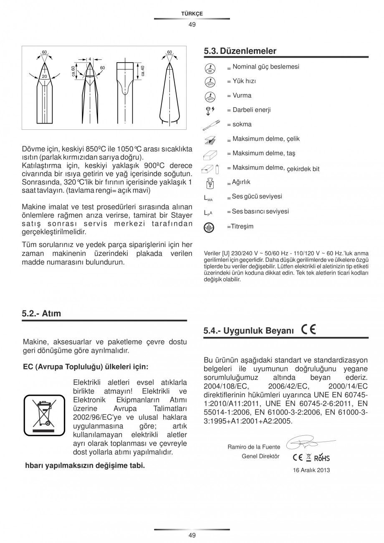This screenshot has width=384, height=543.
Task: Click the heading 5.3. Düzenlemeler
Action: pyautogui.click(x=240, y=51)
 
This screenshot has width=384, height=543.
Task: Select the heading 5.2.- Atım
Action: pyautogui.click(x=41, y=313)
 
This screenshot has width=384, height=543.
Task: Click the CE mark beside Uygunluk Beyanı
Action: pyautogui.click(x=308, y=330)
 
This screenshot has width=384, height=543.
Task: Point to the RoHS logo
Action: pyautogui.click(x=322, y=458)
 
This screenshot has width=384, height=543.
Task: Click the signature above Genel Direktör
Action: pyautogui.click(x=309, y=442)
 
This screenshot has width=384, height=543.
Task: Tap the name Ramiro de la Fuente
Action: pyautogui.click(x=253, y=447)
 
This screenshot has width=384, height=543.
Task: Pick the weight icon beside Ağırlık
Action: pyautogui.click(x=210, y=183)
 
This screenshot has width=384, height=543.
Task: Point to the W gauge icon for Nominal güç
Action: pyautogui.click(x=210, y=68)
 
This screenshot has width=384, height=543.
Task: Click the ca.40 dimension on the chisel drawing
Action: pyautogui.click(x=142, y=71)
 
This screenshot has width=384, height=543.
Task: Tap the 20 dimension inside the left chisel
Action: pyautogui.click(x=44, y=76)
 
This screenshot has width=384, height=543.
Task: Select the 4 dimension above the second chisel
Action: pyautogui.click(x=89, y=59)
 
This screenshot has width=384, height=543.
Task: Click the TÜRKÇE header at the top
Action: pyautogui.click(x=192, y=14)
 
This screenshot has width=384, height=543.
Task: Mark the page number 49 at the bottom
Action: pyautogui.click(x=192, y=535)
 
